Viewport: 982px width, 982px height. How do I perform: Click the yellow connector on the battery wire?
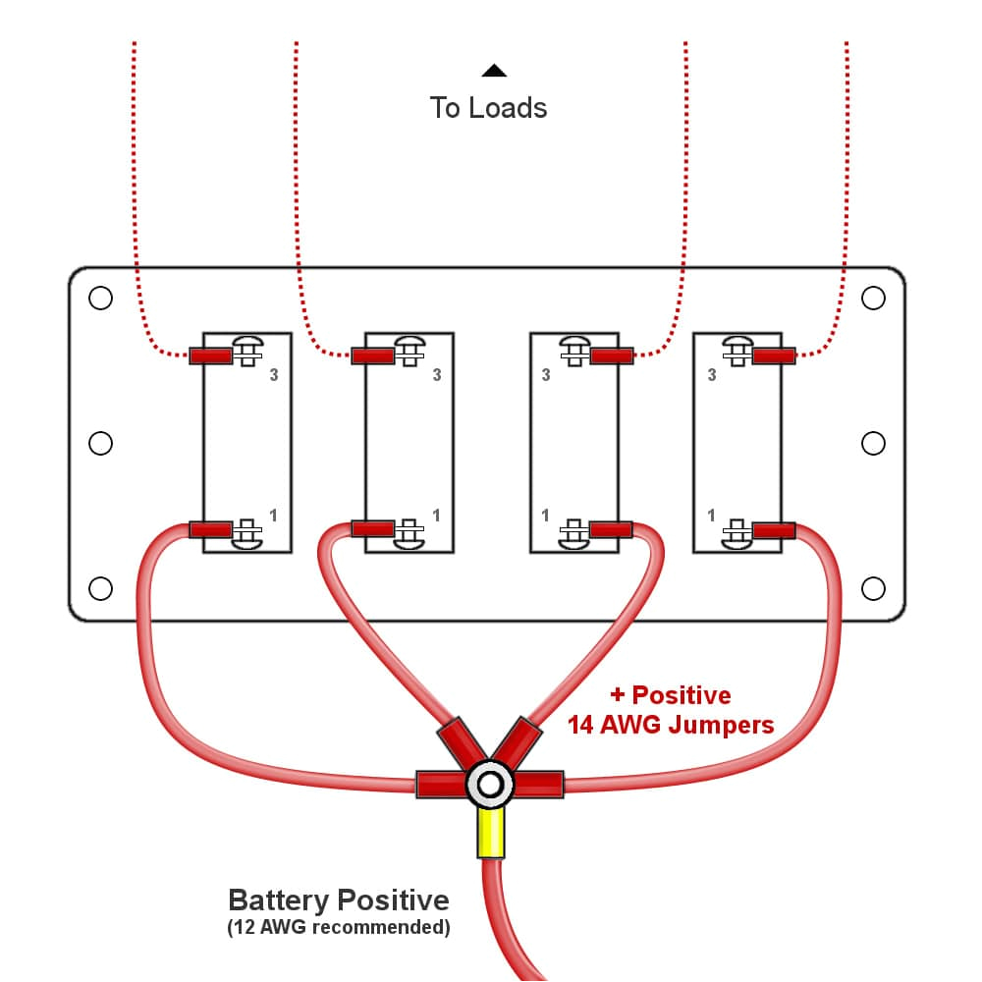click(x=490, y=832)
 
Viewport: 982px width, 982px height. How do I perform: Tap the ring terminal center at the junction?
click(x=489, y=784)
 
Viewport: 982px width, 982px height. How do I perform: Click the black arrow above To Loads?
click(x=494, y=71)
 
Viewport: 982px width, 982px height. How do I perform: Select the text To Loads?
click(x=488, y=107)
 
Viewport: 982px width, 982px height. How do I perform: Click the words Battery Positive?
click(x=338, y=900)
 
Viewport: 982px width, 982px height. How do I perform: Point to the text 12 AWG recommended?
click(x=338, y=927)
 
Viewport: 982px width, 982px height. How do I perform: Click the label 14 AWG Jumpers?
click(x=671, y=725)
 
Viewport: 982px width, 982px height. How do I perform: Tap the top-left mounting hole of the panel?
click(x=100, y=298)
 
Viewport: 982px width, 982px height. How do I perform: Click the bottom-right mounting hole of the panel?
click(x=873, y=588)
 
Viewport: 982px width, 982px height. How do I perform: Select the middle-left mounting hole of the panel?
click(x=100, y=444)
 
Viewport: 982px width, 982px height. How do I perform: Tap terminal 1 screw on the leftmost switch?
click(x=246, y=530)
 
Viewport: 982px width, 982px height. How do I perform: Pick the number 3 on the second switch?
click(x=437, y=375)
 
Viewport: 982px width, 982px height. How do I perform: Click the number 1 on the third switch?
click(x=546, y=515)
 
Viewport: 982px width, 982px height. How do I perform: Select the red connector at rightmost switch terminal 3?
click(x=774, y=355)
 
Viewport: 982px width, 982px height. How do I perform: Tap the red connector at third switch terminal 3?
click(x=612, y=355)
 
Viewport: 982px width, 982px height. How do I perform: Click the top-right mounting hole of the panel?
click(x=873, y=298)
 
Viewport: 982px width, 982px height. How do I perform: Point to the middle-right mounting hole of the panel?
click(x=873, y=444)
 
